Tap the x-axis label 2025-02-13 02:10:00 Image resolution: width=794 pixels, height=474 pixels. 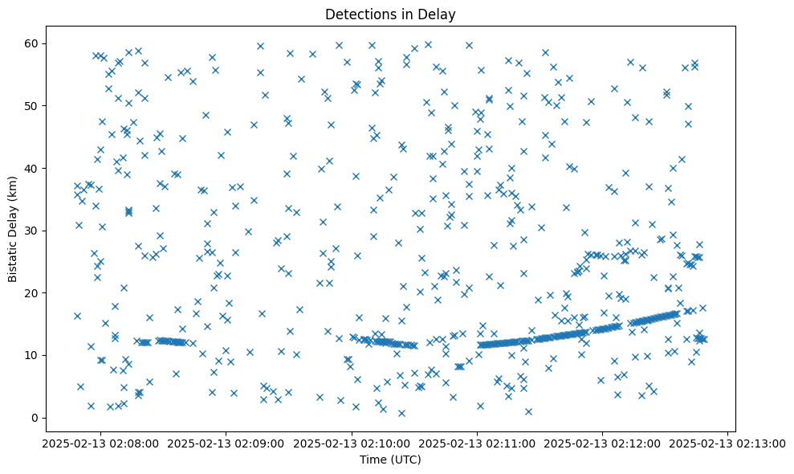(x=351, y=443)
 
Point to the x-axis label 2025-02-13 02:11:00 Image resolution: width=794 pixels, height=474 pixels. (x=477, y=443)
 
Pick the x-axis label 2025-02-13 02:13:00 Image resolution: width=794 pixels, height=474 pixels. (x=728, y=443)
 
